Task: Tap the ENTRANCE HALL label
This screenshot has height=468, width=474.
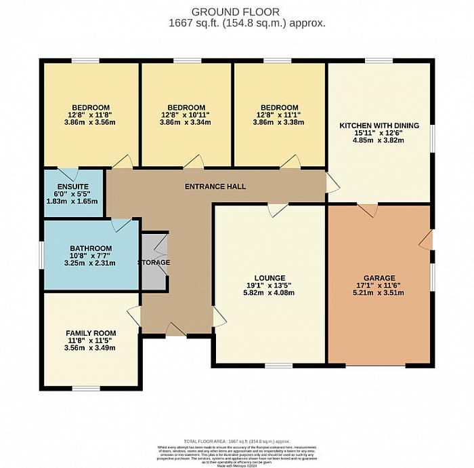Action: [x=217, y=186]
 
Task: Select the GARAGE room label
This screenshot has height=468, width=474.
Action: [x=379, y=278]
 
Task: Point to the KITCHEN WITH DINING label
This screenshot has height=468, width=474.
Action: [x=379, y=125]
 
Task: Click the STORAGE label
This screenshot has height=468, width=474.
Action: [x=154, y=262]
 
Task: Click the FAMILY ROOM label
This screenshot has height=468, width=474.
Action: [x=91, y=333]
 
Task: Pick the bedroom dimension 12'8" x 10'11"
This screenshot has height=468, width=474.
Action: [x=186, y=115]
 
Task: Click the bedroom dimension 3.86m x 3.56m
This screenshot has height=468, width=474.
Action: [x=90, y=123]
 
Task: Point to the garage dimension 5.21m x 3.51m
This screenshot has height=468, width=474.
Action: [x=379, y=293]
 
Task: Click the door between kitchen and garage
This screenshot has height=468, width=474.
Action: [x=367, y=210]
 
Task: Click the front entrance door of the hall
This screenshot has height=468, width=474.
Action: [x=176, y=330]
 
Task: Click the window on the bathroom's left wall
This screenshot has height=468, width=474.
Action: [x=41, y=255]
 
